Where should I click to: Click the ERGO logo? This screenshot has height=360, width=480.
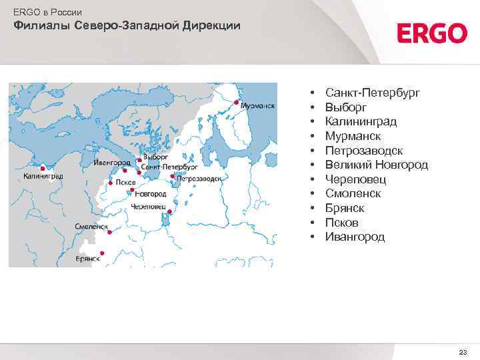click(x=432, y=33)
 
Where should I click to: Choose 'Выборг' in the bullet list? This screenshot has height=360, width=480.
click(x=345, y=107)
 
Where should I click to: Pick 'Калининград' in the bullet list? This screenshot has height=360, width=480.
click(x=361, y=121)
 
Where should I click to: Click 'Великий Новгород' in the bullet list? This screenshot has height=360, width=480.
click(x=377, y=165)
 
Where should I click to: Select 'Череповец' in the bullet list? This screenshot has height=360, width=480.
click(x=356, y=179)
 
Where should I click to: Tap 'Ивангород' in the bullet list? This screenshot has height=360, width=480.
click(x=355, y=237)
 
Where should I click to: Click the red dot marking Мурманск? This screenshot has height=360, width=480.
click(x=236, y=103)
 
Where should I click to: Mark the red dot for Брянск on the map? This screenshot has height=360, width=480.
click(x=101, y=253)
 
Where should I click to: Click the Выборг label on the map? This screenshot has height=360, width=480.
click(x=148, y=159)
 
